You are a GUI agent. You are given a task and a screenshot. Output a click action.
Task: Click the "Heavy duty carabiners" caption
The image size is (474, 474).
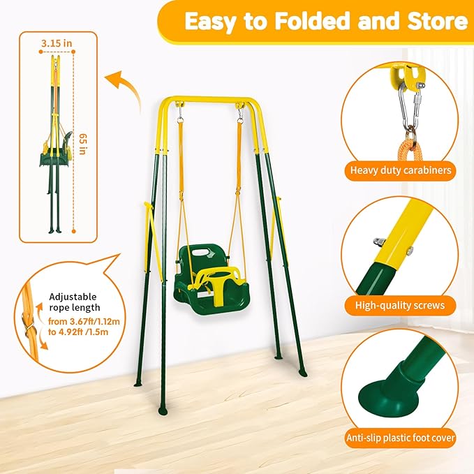point(400,170)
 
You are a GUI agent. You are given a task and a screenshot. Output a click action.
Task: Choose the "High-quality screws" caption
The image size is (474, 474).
point(400,305)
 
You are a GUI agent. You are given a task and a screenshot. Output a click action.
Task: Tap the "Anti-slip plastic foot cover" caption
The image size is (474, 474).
point(400,439)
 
